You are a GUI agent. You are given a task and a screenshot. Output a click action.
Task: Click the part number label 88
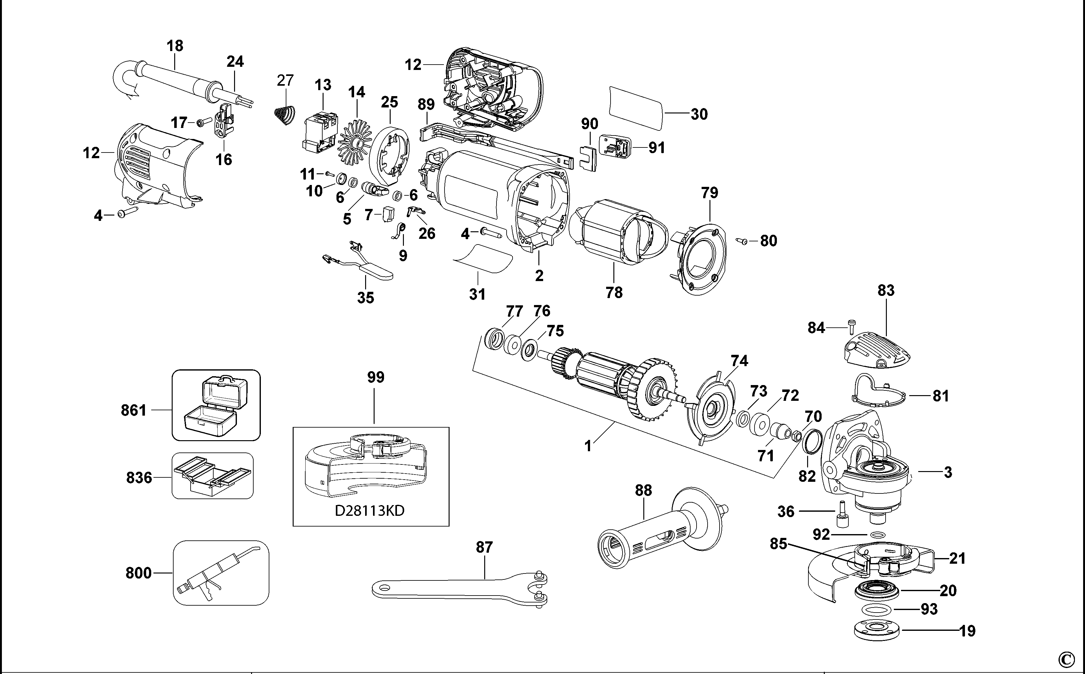tap(643, 490)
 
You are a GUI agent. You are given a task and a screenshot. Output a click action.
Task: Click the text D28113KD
tap(370, 510)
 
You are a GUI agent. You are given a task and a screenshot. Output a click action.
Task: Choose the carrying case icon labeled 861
tap(216, 405)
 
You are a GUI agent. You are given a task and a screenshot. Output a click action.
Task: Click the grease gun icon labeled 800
tap(221, 573)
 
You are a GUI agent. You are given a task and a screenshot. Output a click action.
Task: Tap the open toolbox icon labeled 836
tap(213, 476)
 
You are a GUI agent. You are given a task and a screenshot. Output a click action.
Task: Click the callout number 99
tap(375, 377)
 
